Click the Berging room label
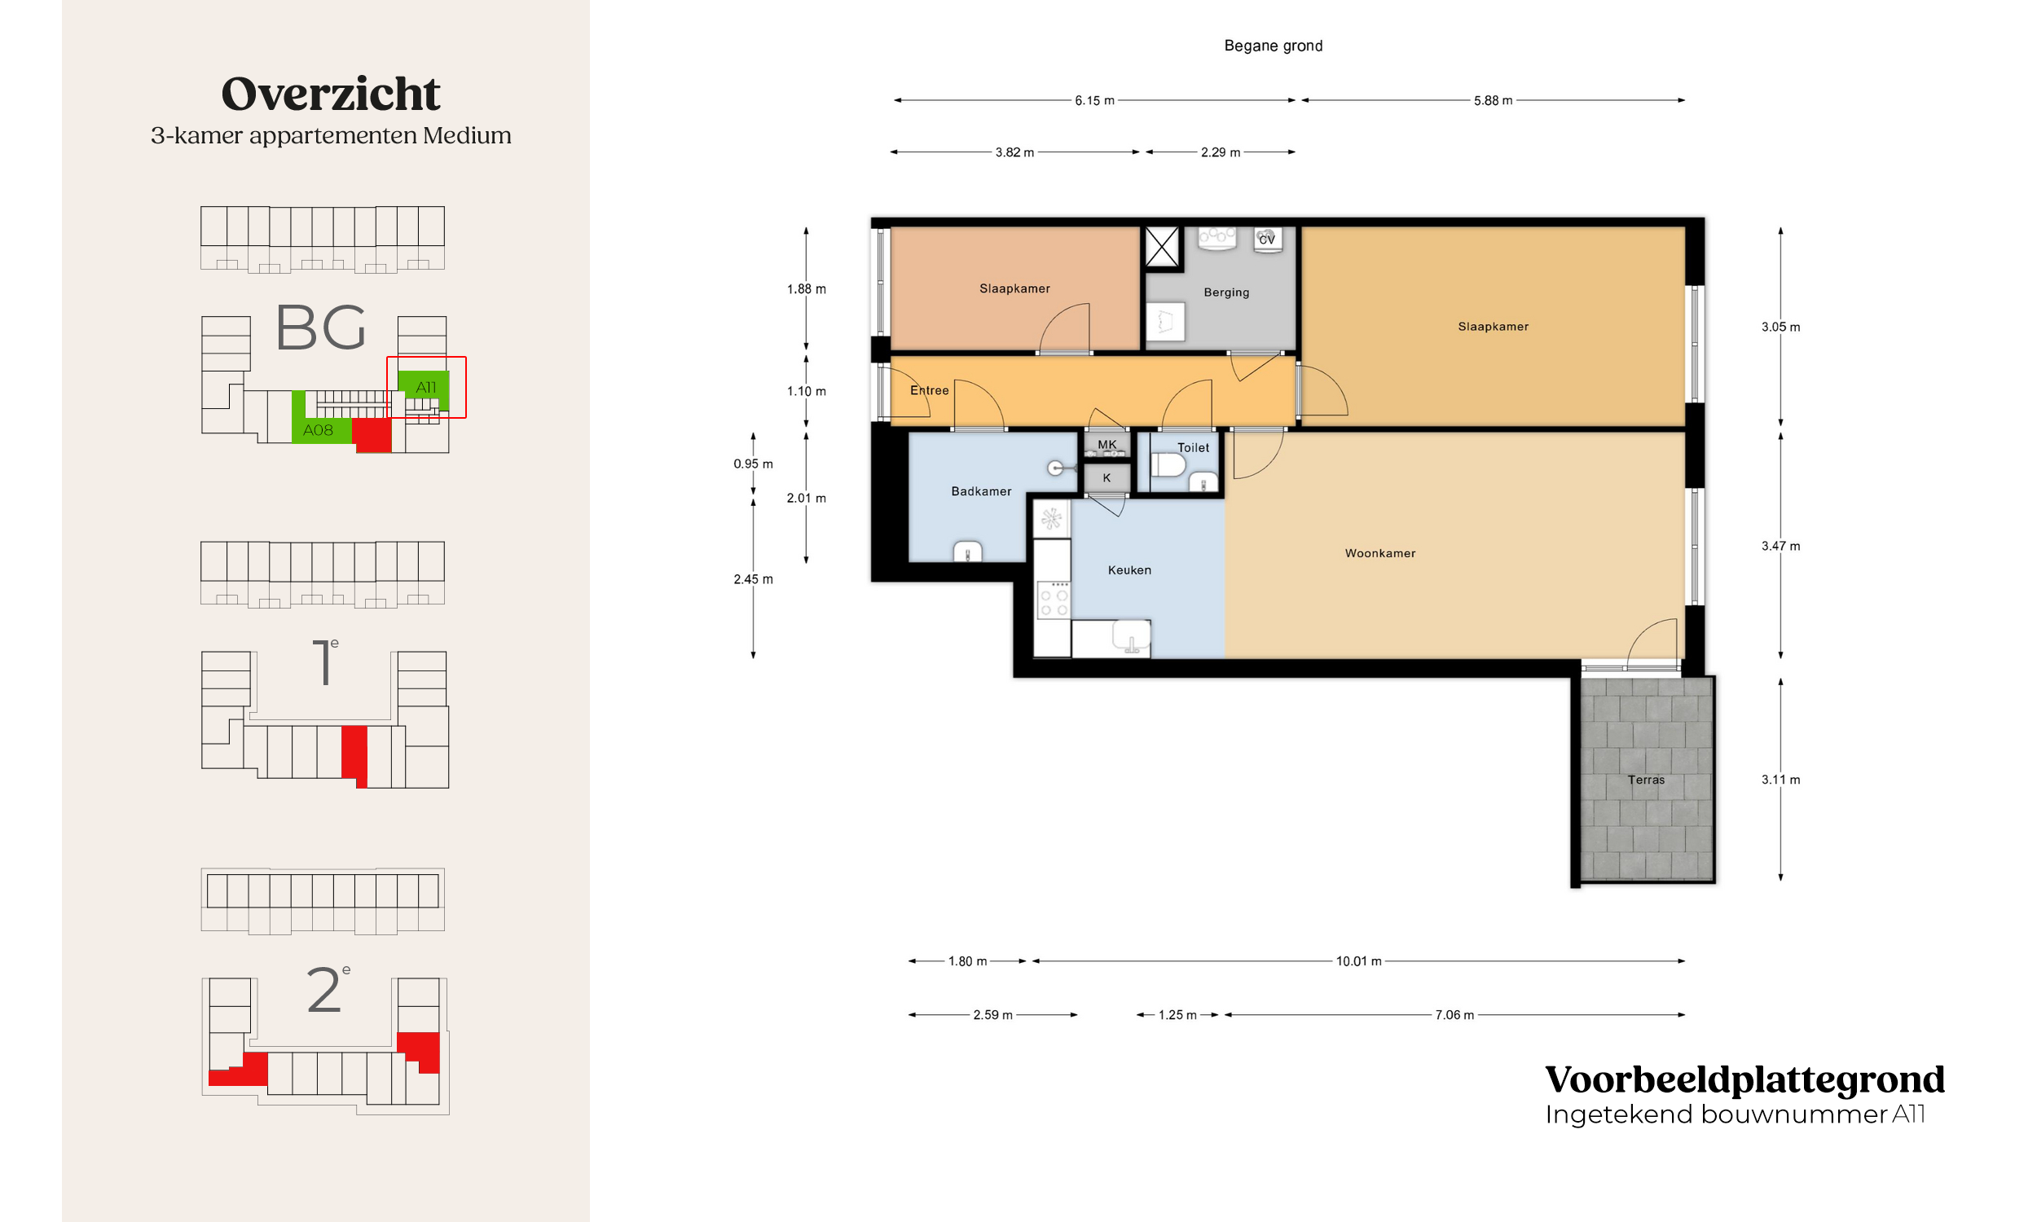pyautogui.click(x=1226, y=292)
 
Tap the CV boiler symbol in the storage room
pyautogui.click(x=1267, y=239)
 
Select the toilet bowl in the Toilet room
pyautogui.click(x=1168, y=466)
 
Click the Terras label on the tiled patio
pyautogui.click(x=1645, y=780)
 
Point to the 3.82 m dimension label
pyautogui.click(x=1014, y=152)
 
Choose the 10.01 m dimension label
pyautogui.click(x=1358, y=961)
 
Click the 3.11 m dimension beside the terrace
pyautogui.click(x=1780, y=780)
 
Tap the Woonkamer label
pyautogui.click(x=1380, y=553)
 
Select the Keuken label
pyautogui.click(x=1128, y=569)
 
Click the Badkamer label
pyautogui.click(x=981, y=491)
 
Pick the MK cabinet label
pyautogui.click(x=1106, y=445)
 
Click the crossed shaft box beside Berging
pyautogui.click(x=1162, y=246)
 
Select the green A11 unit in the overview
pyautogui.click(x=424, y=389)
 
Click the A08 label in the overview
pyautogui.click(x=318, y=430)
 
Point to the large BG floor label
pyautogui.click(x=320, y=327)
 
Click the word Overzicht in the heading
pyautogui.click(x=331, y=93)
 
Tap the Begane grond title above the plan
pyautogui.click(x=1273, y=46)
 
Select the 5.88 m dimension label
pyautogui.click(x=1493, y=100)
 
